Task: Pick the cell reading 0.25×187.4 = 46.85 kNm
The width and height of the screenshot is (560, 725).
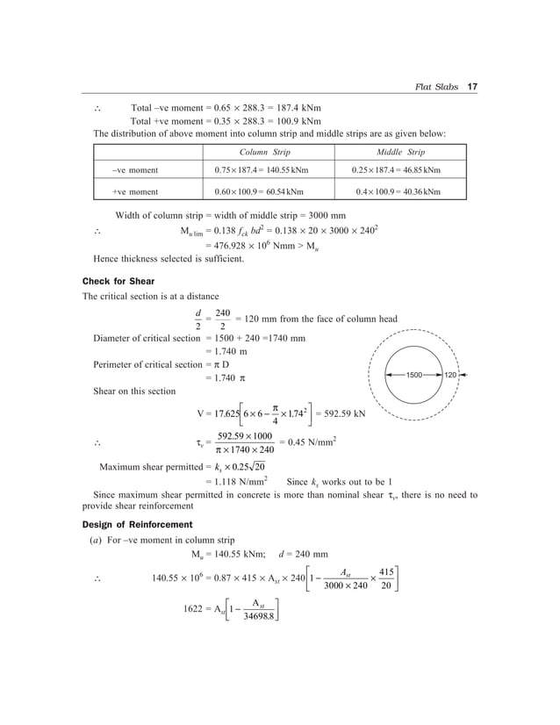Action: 396,170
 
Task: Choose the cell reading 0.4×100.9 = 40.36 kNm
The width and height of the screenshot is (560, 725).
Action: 396,191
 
